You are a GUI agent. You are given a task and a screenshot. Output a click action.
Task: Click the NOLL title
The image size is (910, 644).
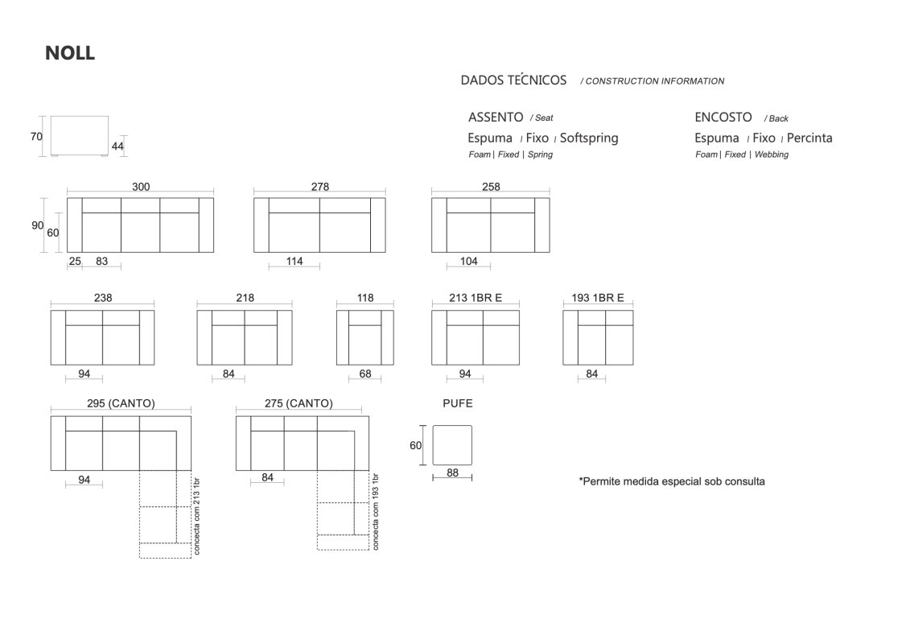[70, 53]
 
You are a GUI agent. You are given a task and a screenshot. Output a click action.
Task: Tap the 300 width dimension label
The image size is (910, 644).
[141, 187]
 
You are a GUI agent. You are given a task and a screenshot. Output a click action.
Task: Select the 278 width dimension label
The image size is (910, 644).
[319, 187]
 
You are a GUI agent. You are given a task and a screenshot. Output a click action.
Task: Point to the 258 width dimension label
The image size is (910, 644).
[491, 187]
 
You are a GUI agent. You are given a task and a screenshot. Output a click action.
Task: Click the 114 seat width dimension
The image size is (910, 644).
[294, 262]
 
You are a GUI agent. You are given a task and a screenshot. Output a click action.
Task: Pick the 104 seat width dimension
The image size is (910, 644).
[469, 262]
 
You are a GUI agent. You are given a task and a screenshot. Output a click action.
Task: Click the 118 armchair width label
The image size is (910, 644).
[365, 298]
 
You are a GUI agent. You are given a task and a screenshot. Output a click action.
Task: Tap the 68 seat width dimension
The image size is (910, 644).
[365, 374]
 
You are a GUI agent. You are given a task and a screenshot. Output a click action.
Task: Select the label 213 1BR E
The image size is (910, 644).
[476, 298]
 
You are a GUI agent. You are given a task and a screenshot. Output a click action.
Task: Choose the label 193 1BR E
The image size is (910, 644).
[598, 298]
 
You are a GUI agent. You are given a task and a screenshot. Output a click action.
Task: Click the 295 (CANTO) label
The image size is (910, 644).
[121, 403]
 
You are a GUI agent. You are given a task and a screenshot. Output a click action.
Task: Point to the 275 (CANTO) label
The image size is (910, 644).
[299, 403]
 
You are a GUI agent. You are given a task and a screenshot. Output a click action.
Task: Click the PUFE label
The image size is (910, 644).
[458, 403]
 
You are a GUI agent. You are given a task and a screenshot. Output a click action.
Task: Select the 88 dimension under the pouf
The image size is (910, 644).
[453, 473]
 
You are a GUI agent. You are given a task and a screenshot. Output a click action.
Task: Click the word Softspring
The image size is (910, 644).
[589, 138]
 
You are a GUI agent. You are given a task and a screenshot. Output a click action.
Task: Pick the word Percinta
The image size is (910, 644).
[809, 138]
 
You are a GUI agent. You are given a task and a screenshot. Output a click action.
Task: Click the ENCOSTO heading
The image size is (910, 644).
[723, 118]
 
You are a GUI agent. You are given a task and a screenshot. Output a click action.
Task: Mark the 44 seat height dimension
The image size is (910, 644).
[117, 147]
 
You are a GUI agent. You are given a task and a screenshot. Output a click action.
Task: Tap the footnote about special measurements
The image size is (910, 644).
[672, 481]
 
